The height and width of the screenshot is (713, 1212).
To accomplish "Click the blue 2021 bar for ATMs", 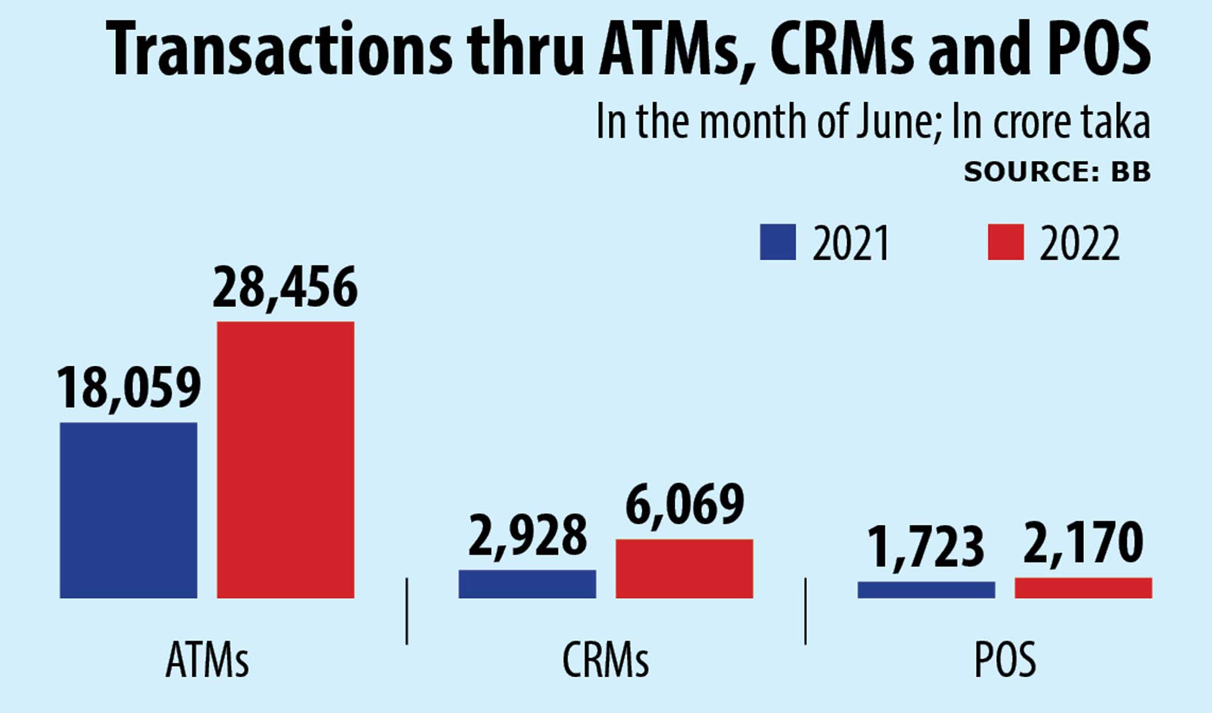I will click(x=128, y=510).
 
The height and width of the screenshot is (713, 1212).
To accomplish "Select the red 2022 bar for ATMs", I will click(x=285, y=459).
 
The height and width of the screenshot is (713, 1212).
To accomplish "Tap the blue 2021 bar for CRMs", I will click(x=527, y=584).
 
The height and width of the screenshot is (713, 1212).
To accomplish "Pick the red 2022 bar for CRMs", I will click(x=684, y=568).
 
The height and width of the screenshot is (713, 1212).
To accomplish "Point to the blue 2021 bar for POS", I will click(x=926, y=590).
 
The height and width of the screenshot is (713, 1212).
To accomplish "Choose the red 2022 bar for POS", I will click(x=1083, y=587).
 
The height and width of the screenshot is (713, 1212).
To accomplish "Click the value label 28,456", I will click(x=285, y=287).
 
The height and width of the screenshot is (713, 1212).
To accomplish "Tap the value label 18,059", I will click(x=129, y=388).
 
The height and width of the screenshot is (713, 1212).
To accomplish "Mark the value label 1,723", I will click(x=926, y=547).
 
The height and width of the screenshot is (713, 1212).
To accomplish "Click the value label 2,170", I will click(x=1083, y=542).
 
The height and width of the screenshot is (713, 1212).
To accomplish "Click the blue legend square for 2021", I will click(x=777, y=242).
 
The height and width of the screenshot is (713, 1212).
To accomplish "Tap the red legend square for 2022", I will click(x=1005, y=242).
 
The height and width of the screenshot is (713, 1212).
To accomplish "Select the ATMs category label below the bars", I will click(x=207, y=659).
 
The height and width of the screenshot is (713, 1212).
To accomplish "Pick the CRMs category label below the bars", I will click(x=605, y=659).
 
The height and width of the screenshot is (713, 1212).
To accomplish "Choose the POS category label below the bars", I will click(x=1005, y=659).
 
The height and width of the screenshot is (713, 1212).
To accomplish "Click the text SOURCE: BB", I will click(x=1057, y=172).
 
